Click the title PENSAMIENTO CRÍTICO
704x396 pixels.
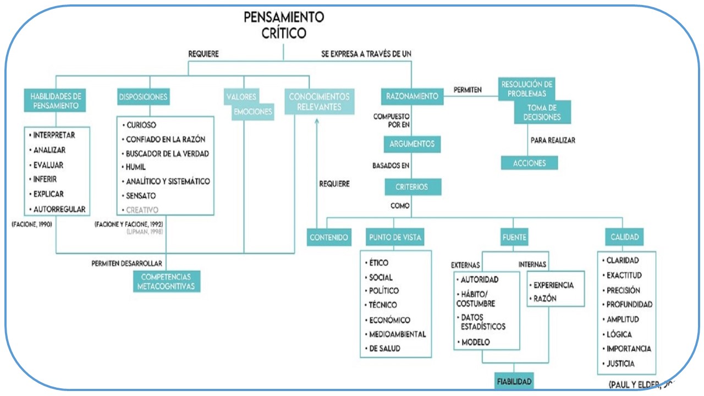[x=284, y=25]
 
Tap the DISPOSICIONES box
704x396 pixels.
[x=143, y=97]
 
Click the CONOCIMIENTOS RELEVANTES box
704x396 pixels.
[x=320, y=102]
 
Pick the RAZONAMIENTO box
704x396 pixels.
[x=413, y=96]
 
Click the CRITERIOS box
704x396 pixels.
[x=413, y=187]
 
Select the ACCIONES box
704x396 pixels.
[x=529, y=163]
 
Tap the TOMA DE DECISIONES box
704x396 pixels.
[x=543, y=112]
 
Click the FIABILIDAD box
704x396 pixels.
[x=514, y=381]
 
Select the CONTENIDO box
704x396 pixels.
[x=328, y=238]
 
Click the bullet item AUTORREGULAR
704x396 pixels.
[x=59, y=209]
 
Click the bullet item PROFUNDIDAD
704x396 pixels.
[x=628, y=304]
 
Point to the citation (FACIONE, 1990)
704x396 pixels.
[x=32, y=224]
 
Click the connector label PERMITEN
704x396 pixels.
[x=468, y=89]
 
